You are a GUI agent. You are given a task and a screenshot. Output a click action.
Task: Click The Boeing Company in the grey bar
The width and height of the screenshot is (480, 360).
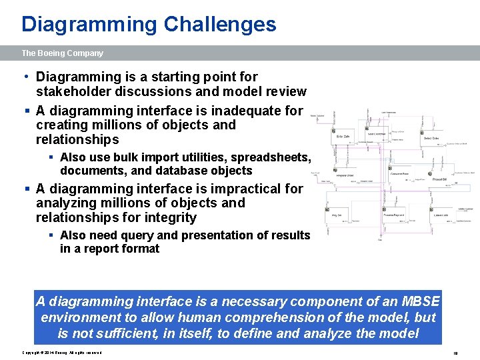pyautogui.click(x=62, y=53)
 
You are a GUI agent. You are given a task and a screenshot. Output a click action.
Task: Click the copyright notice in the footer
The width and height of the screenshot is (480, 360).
pyautogui.click(x=62, y=353)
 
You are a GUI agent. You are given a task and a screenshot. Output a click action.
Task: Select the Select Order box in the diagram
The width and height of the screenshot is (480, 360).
pyautogui.click(x=431, y=139)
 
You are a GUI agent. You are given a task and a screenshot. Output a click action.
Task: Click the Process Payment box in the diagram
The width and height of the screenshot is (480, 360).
pyautogui.click(x=393, y=215)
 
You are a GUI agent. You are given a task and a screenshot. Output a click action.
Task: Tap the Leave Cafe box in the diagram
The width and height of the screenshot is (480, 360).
pyautogui.click(x=440, y=215)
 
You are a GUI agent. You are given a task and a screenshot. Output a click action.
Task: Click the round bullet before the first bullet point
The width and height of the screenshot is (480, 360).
pyautogui.click(x=25, y=77)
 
